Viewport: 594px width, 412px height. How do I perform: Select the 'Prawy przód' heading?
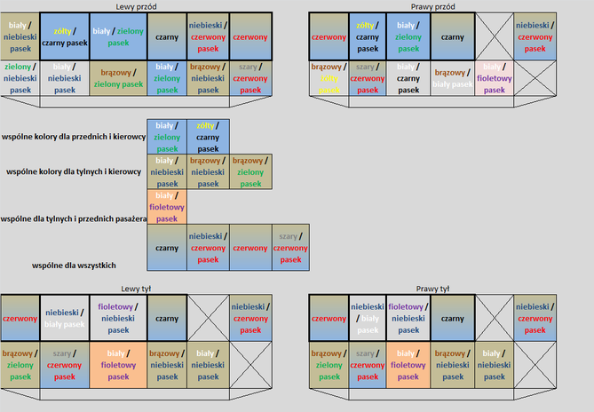click(x=432, y=6)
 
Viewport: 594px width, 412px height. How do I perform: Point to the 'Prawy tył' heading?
click(x=432, y=288)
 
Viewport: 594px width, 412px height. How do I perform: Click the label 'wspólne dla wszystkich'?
click(x=74, y=265)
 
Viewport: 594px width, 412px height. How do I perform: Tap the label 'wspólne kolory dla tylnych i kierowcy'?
click(x=74, y=172)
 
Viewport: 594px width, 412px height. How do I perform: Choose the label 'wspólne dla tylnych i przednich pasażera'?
click(x=72, y=218)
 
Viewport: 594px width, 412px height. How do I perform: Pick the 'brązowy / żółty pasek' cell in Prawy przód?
click(x=329, y=77)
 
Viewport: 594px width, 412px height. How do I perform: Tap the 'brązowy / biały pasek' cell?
click(x=453, y=77)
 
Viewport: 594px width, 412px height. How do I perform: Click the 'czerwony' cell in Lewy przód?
click(x=251, y=37)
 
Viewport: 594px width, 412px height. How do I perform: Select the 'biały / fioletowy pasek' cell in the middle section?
click(x=166, y=207)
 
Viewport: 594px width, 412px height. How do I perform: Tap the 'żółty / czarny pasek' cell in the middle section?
click(x=208, y=137)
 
